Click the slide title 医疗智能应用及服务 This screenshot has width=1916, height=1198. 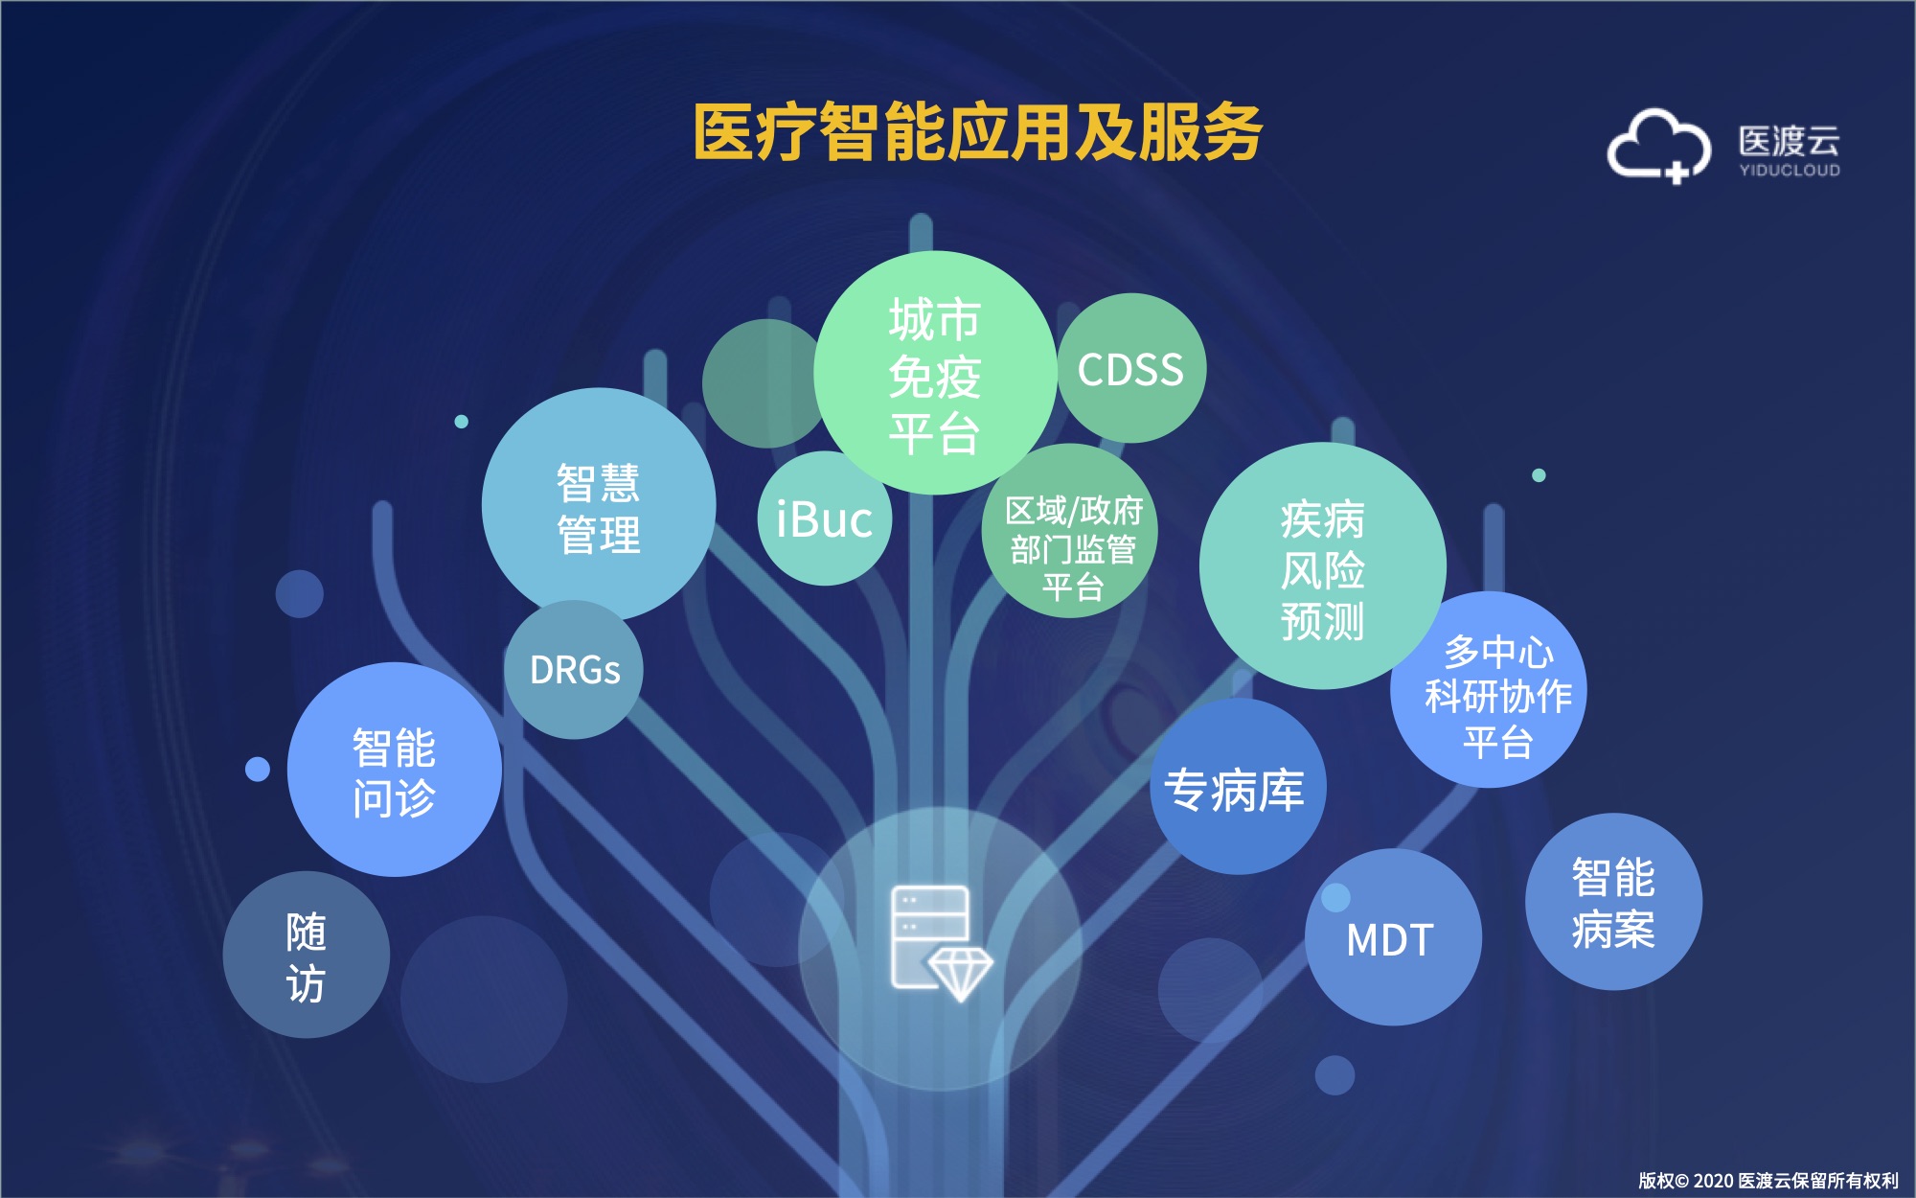click(x=978, y=132)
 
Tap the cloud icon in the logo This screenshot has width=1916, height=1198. click(x=1658, y=146)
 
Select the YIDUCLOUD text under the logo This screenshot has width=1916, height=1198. click(x=1790, y=171)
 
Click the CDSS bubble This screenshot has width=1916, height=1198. click(x=1130, y=369)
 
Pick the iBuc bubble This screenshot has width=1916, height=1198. click(x=825, y=518)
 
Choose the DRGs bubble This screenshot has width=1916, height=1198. click(x=574, y=670)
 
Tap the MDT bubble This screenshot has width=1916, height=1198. click(x=1393, y=937)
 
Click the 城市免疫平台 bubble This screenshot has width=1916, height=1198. click(x=935, y=373)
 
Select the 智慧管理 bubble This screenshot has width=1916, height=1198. click(x=599, y=505)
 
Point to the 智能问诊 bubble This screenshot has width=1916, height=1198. click(x=395, y=770)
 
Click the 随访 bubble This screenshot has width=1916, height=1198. click(x=307, y=955)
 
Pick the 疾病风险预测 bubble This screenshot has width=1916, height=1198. click(x=1323, y=566)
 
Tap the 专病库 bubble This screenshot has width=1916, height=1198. click(x=1238, y=787)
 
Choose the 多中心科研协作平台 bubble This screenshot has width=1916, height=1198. click(x=1489, y=690)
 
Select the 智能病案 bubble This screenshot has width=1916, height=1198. click(x=1613, y=902)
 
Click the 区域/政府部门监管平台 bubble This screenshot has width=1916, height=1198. click(x=1070, y=531)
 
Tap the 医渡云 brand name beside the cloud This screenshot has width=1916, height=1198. click(x=1790, y=141)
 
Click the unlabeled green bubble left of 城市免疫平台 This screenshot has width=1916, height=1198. click(x=764, y=383)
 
